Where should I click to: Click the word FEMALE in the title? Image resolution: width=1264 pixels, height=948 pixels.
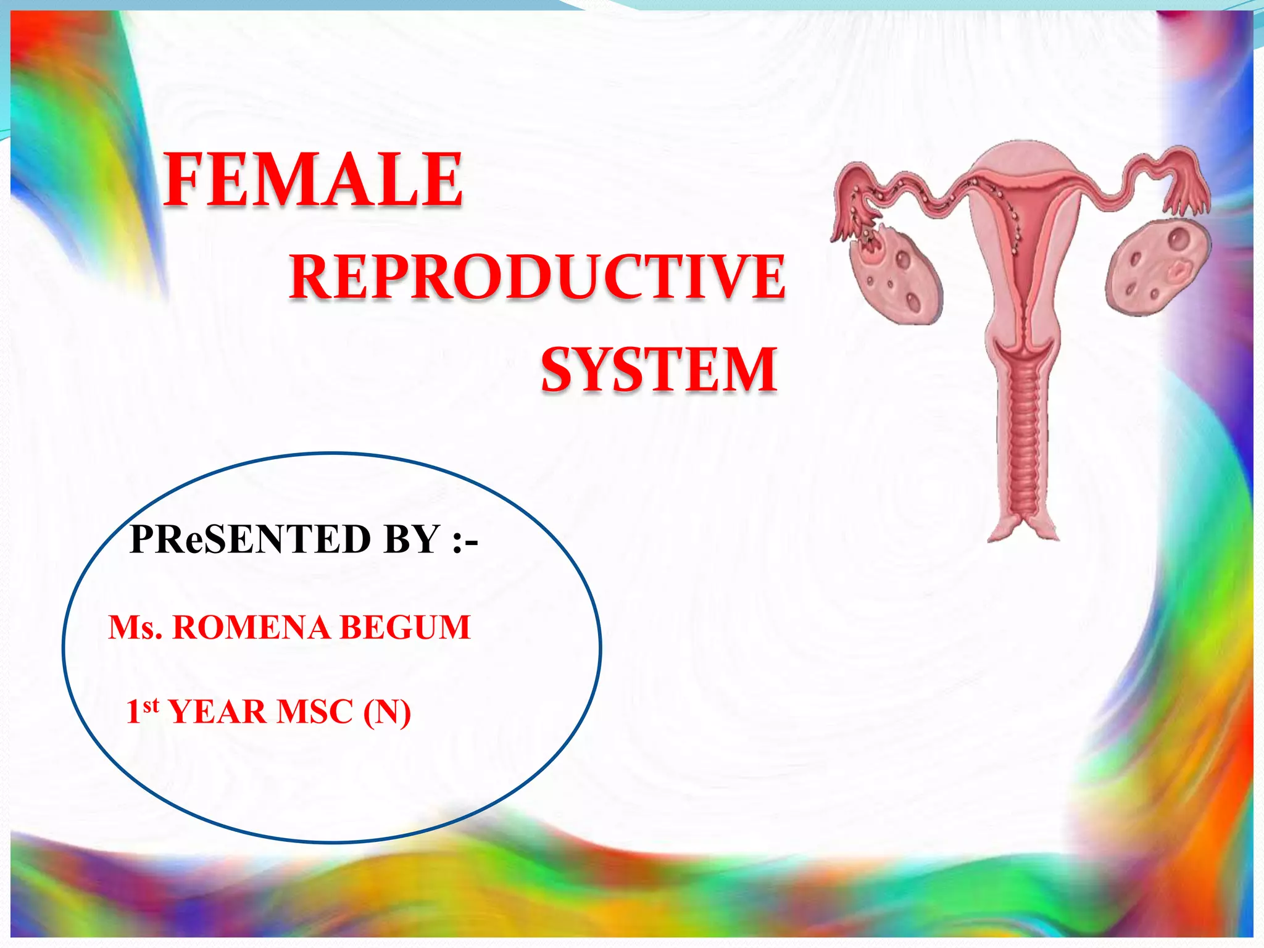pyautogui.click(x=314, y=180)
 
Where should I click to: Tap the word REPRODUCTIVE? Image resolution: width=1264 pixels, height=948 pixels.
pyautogui.click(x=538, y=277)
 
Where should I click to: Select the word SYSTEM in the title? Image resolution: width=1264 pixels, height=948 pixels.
pyautogui.click(x=659, y=370)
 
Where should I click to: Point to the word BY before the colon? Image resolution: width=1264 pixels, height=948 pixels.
pyautogui.click(x=411, y=539)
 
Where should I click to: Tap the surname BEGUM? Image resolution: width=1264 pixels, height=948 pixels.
pyautogui.click(x=405, y=628)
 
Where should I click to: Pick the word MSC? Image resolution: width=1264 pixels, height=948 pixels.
pyautogui.click(x=315, y=712)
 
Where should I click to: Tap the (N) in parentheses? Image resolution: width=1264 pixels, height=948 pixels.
pyautogui.click(x=387, y=713)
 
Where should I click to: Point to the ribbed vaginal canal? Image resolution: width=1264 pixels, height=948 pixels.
pyautogui.click(x=1024, y=444)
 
